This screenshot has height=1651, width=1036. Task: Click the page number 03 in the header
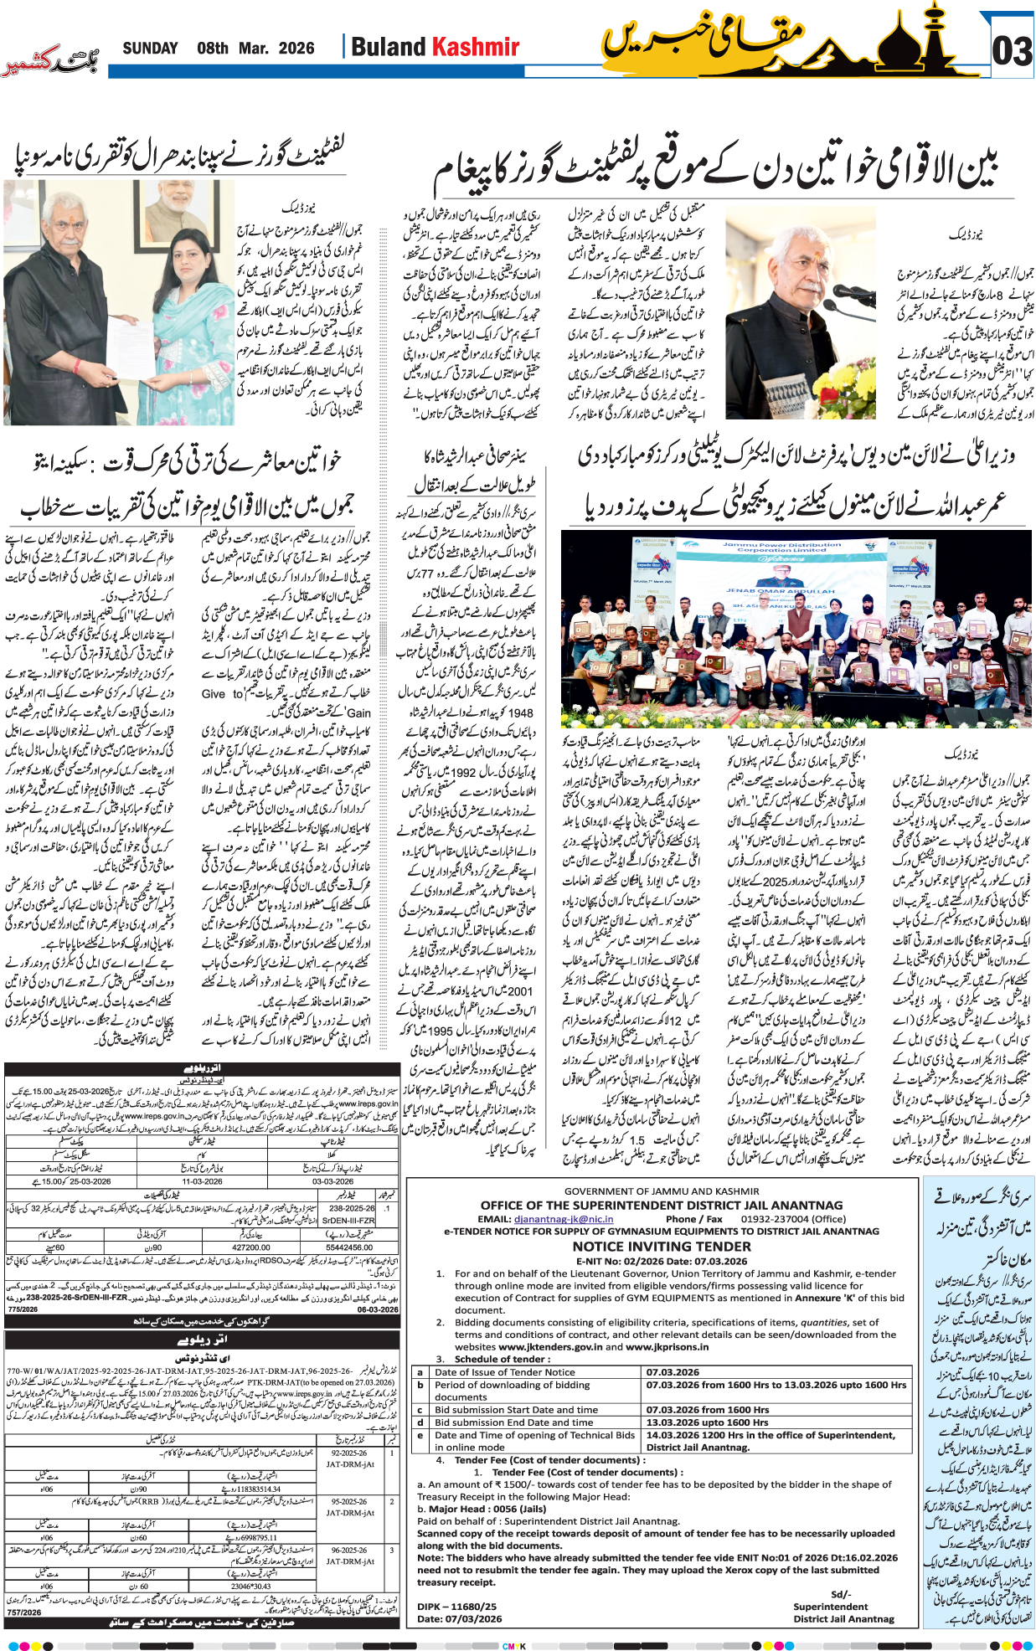pyautogui.click(x=1012, y=51)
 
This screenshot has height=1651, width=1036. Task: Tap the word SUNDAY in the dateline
pyautogui.click(x=150, y=49)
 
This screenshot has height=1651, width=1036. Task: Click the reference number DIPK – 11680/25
pyautogui.click(x=456, y=1607)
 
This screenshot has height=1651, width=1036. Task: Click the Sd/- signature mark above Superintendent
pyautogui.click(x=840, y=1594)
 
